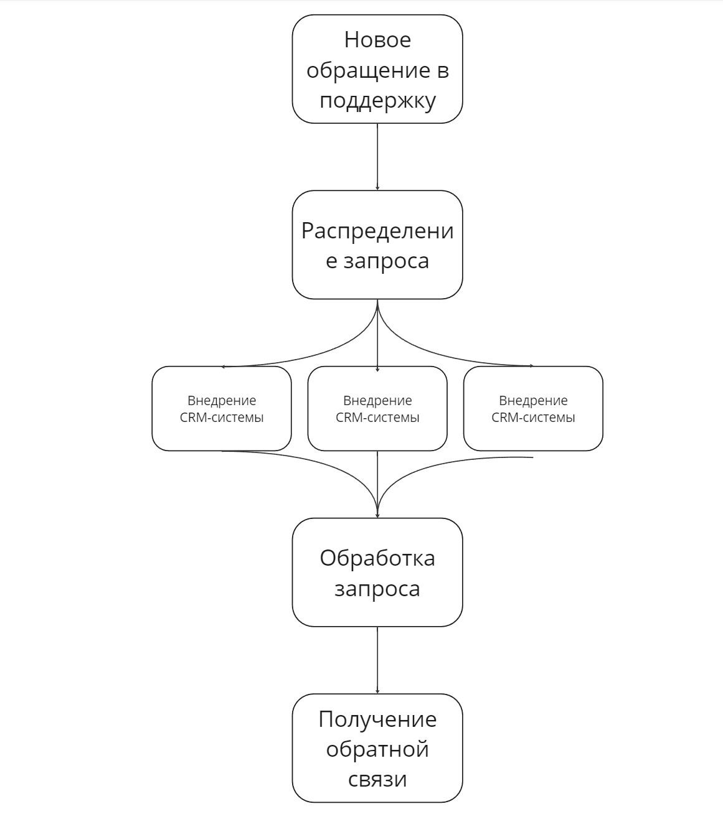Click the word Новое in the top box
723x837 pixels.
point(377,40)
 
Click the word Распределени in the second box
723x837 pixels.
point(377,231)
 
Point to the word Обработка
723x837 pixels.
point(377,558)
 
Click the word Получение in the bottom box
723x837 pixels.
point(377,719)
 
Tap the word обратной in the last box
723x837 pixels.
point(377,749)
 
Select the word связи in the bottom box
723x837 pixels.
point(377,780)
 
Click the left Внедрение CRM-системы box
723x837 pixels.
point(222,408)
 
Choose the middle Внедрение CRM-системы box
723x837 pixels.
point(377,408)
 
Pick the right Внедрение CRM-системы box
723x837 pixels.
point(533,408)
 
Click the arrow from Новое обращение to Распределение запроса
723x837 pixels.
point(377,157)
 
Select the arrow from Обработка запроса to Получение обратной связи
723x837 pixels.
point(377,660)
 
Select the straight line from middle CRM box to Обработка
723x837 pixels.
point(377,484)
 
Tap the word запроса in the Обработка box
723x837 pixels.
point(377,589)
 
